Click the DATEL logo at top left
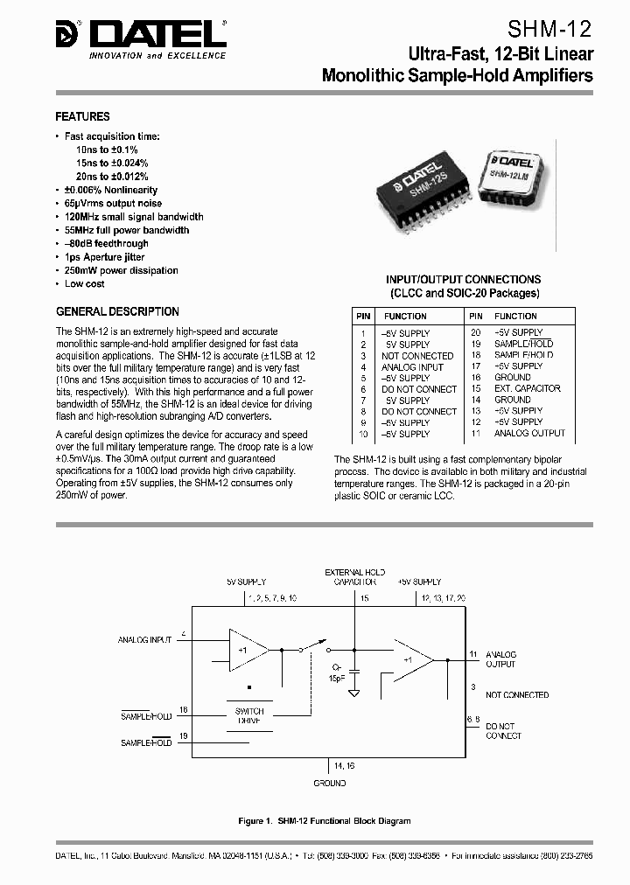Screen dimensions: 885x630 [140, 36]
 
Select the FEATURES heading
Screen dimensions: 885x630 [82, 116]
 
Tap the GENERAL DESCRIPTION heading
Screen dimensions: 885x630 [117, 311]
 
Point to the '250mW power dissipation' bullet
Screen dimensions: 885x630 [121, 271]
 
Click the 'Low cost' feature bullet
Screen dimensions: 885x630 [84, 284]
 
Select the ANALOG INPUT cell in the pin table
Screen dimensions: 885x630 [412, 367]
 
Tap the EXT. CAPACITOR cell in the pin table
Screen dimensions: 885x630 [528, 388]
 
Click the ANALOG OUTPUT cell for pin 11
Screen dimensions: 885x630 [529, 433]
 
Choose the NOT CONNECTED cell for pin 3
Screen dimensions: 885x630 [416, 356]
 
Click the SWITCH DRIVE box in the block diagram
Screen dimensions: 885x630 [249, 716]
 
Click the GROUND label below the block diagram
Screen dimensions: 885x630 [329, 784]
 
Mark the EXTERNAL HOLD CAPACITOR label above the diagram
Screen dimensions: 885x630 [354, 576]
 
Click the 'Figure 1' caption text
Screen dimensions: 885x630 [323, 821]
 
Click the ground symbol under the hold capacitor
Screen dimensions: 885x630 [354, 693]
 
